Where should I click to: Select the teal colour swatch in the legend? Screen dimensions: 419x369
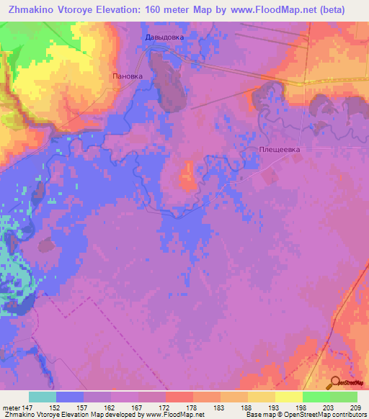(43, 397)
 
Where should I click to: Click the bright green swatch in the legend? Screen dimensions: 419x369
(316, 397)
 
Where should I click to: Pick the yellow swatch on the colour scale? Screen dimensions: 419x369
(289, 397)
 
